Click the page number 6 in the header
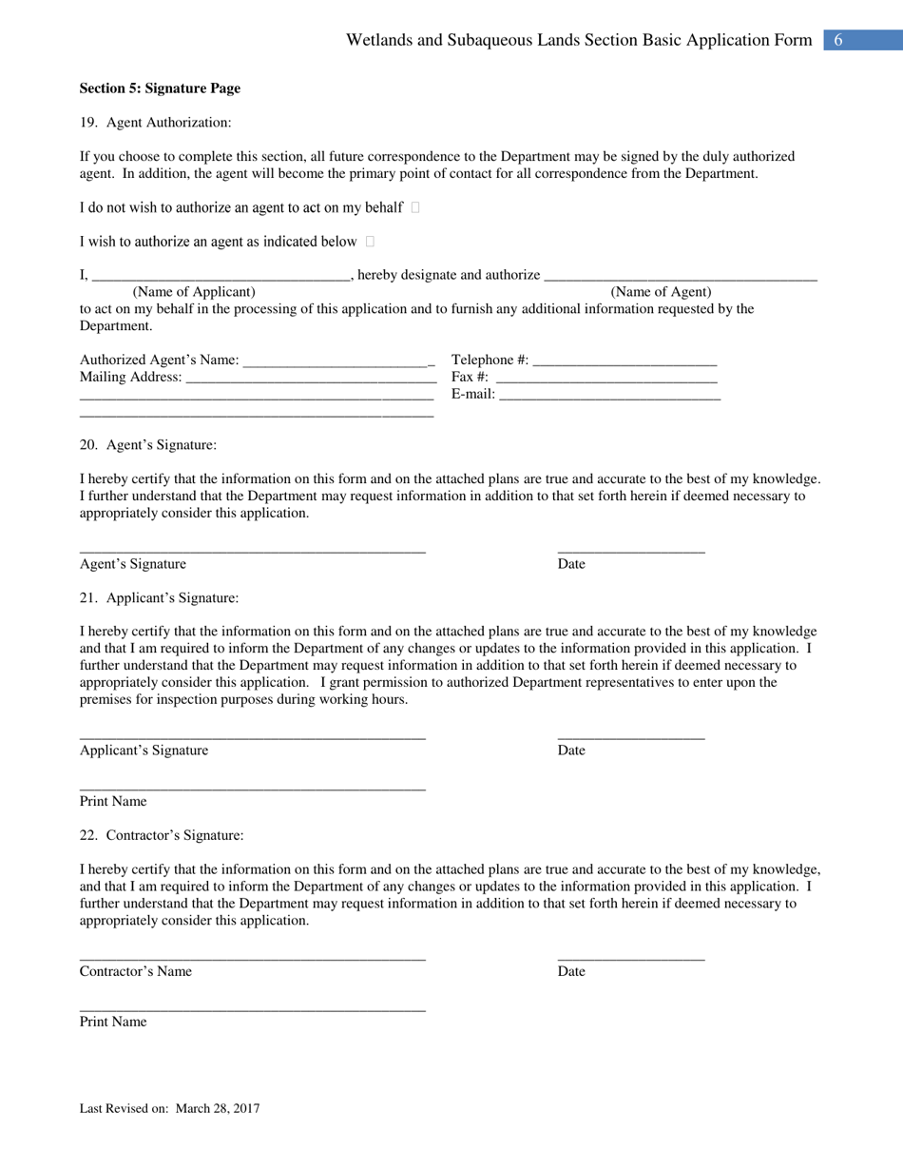[838, 40]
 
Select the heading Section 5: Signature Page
[160, 88]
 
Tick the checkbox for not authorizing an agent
[415, 207]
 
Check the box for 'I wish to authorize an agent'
[370, 242]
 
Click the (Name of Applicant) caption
[194, 292]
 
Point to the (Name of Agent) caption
[661, 292]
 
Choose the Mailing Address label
[130, 378]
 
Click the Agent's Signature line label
[133, 564]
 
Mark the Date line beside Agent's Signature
[631, 550]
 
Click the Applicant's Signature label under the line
[144, 751]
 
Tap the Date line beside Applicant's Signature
[631, 736]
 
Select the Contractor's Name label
[136, 971]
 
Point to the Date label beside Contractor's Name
[571, 971]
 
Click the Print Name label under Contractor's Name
[113, 1022]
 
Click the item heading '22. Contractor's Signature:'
[162, 835]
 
